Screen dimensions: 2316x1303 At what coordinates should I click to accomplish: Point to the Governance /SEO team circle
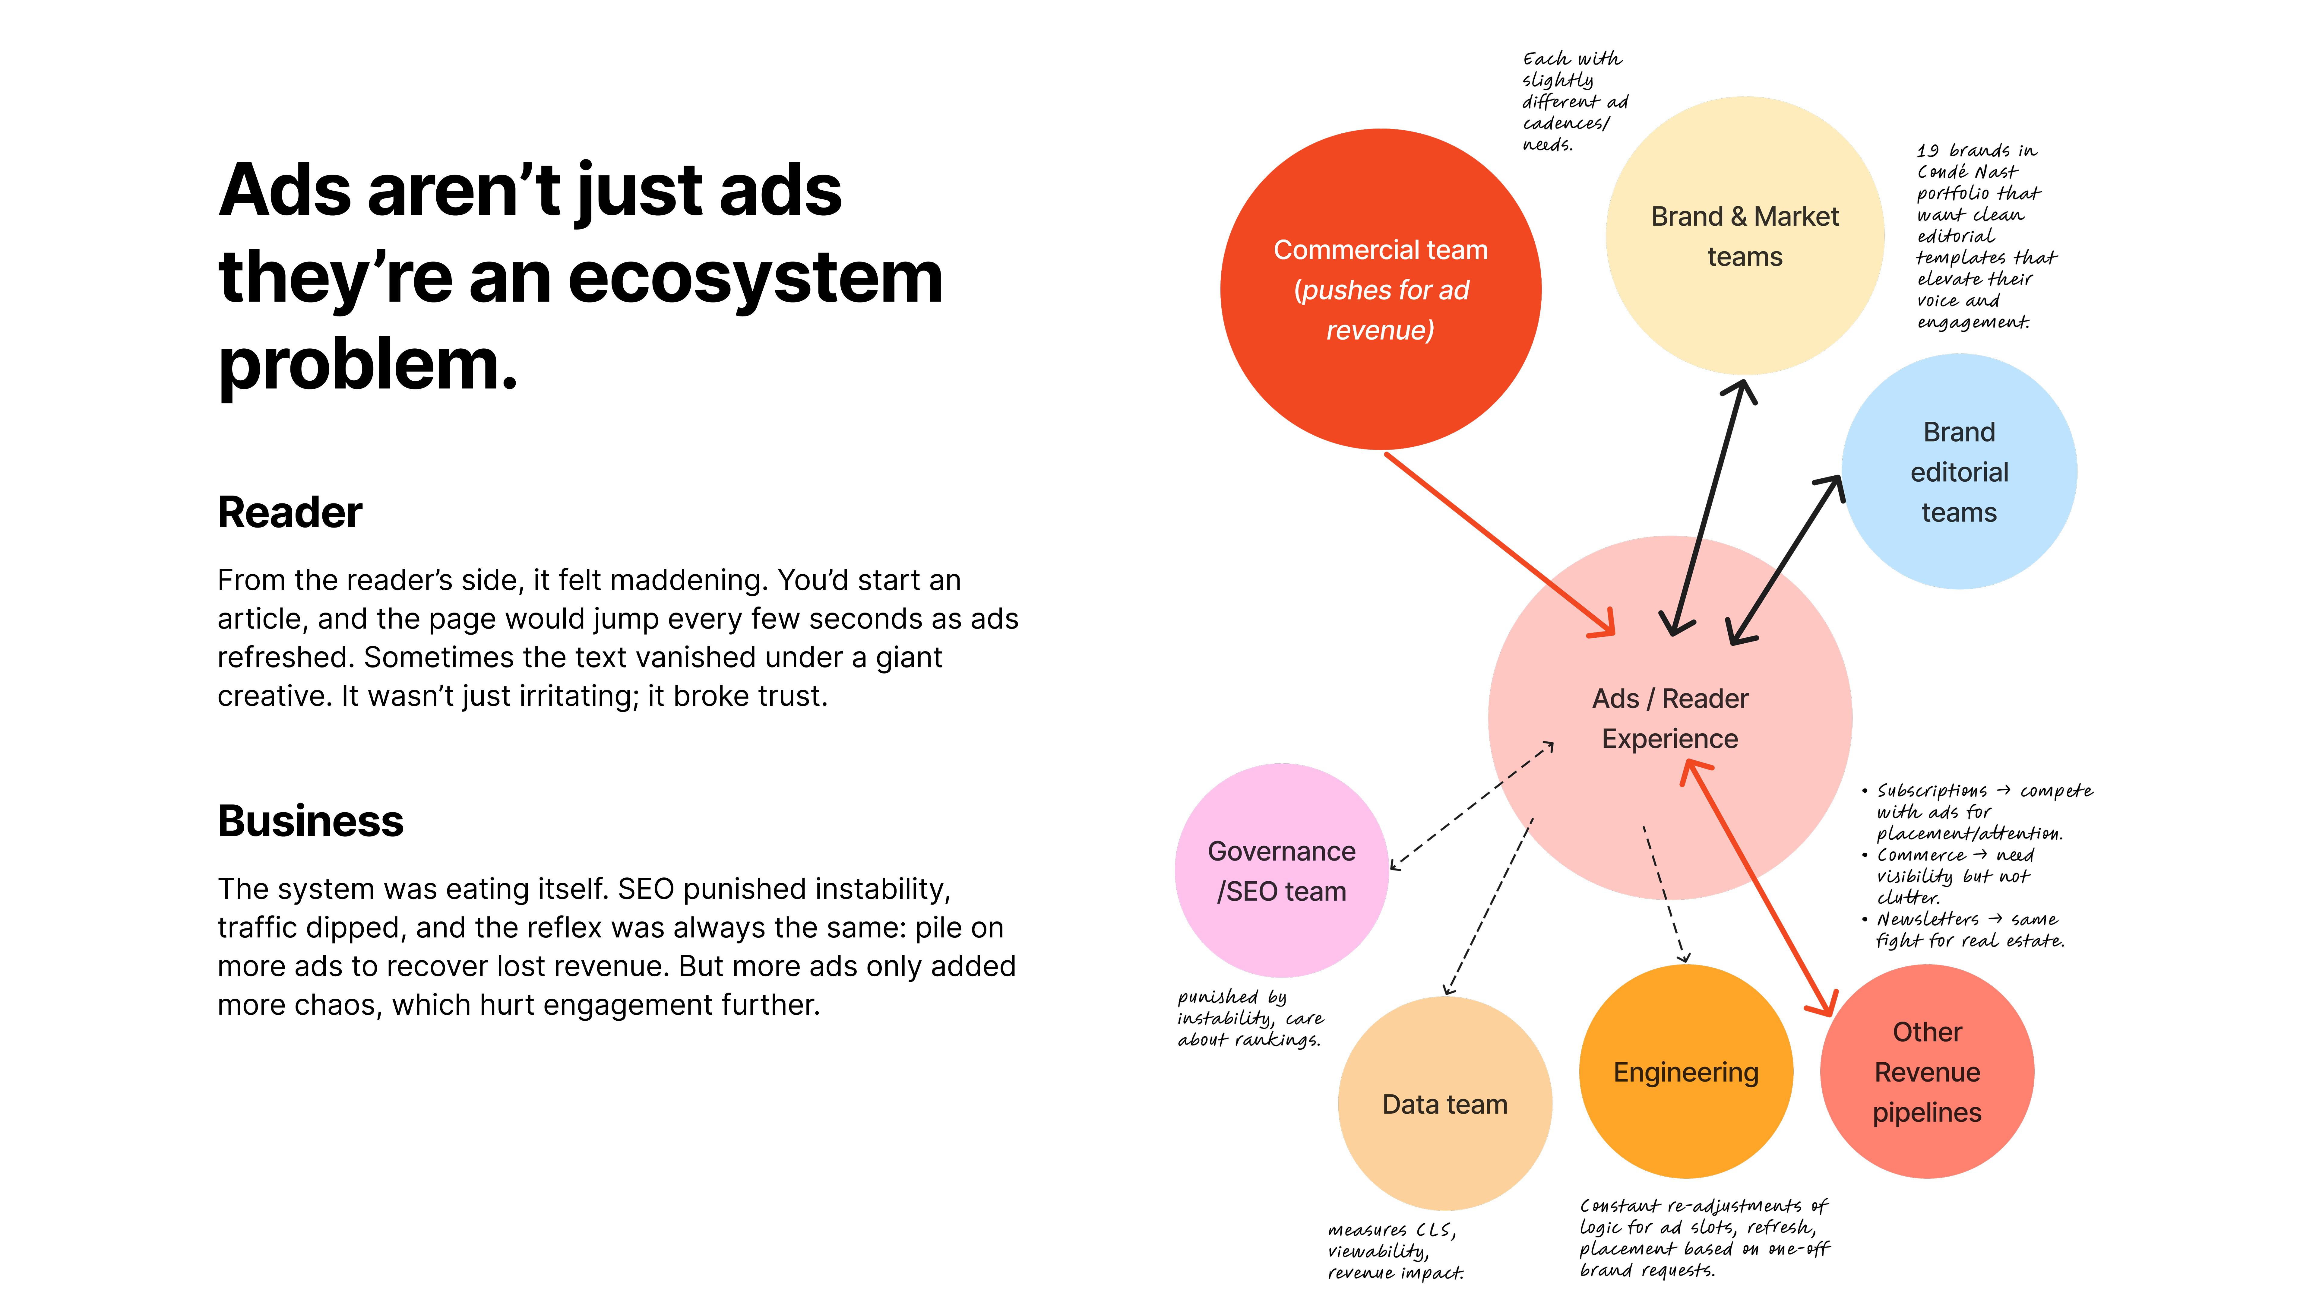click(1282, 870)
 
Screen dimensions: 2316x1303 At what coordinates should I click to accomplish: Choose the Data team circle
click(1445, 1103)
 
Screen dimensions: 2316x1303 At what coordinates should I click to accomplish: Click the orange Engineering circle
click(1686, 1071)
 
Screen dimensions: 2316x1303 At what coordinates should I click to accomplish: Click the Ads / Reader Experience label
click(1670, 718)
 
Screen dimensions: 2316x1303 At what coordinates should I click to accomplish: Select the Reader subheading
click(289, 512)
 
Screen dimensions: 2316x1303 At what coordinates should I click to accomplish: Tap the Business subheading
click(310, 821)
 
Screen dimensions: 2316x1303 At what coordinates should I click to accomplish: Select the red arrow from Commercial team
click(1500, 545)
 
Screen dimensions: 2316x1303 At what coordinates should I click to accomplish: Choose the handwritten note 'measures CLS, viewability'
click(1395, 1251)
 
